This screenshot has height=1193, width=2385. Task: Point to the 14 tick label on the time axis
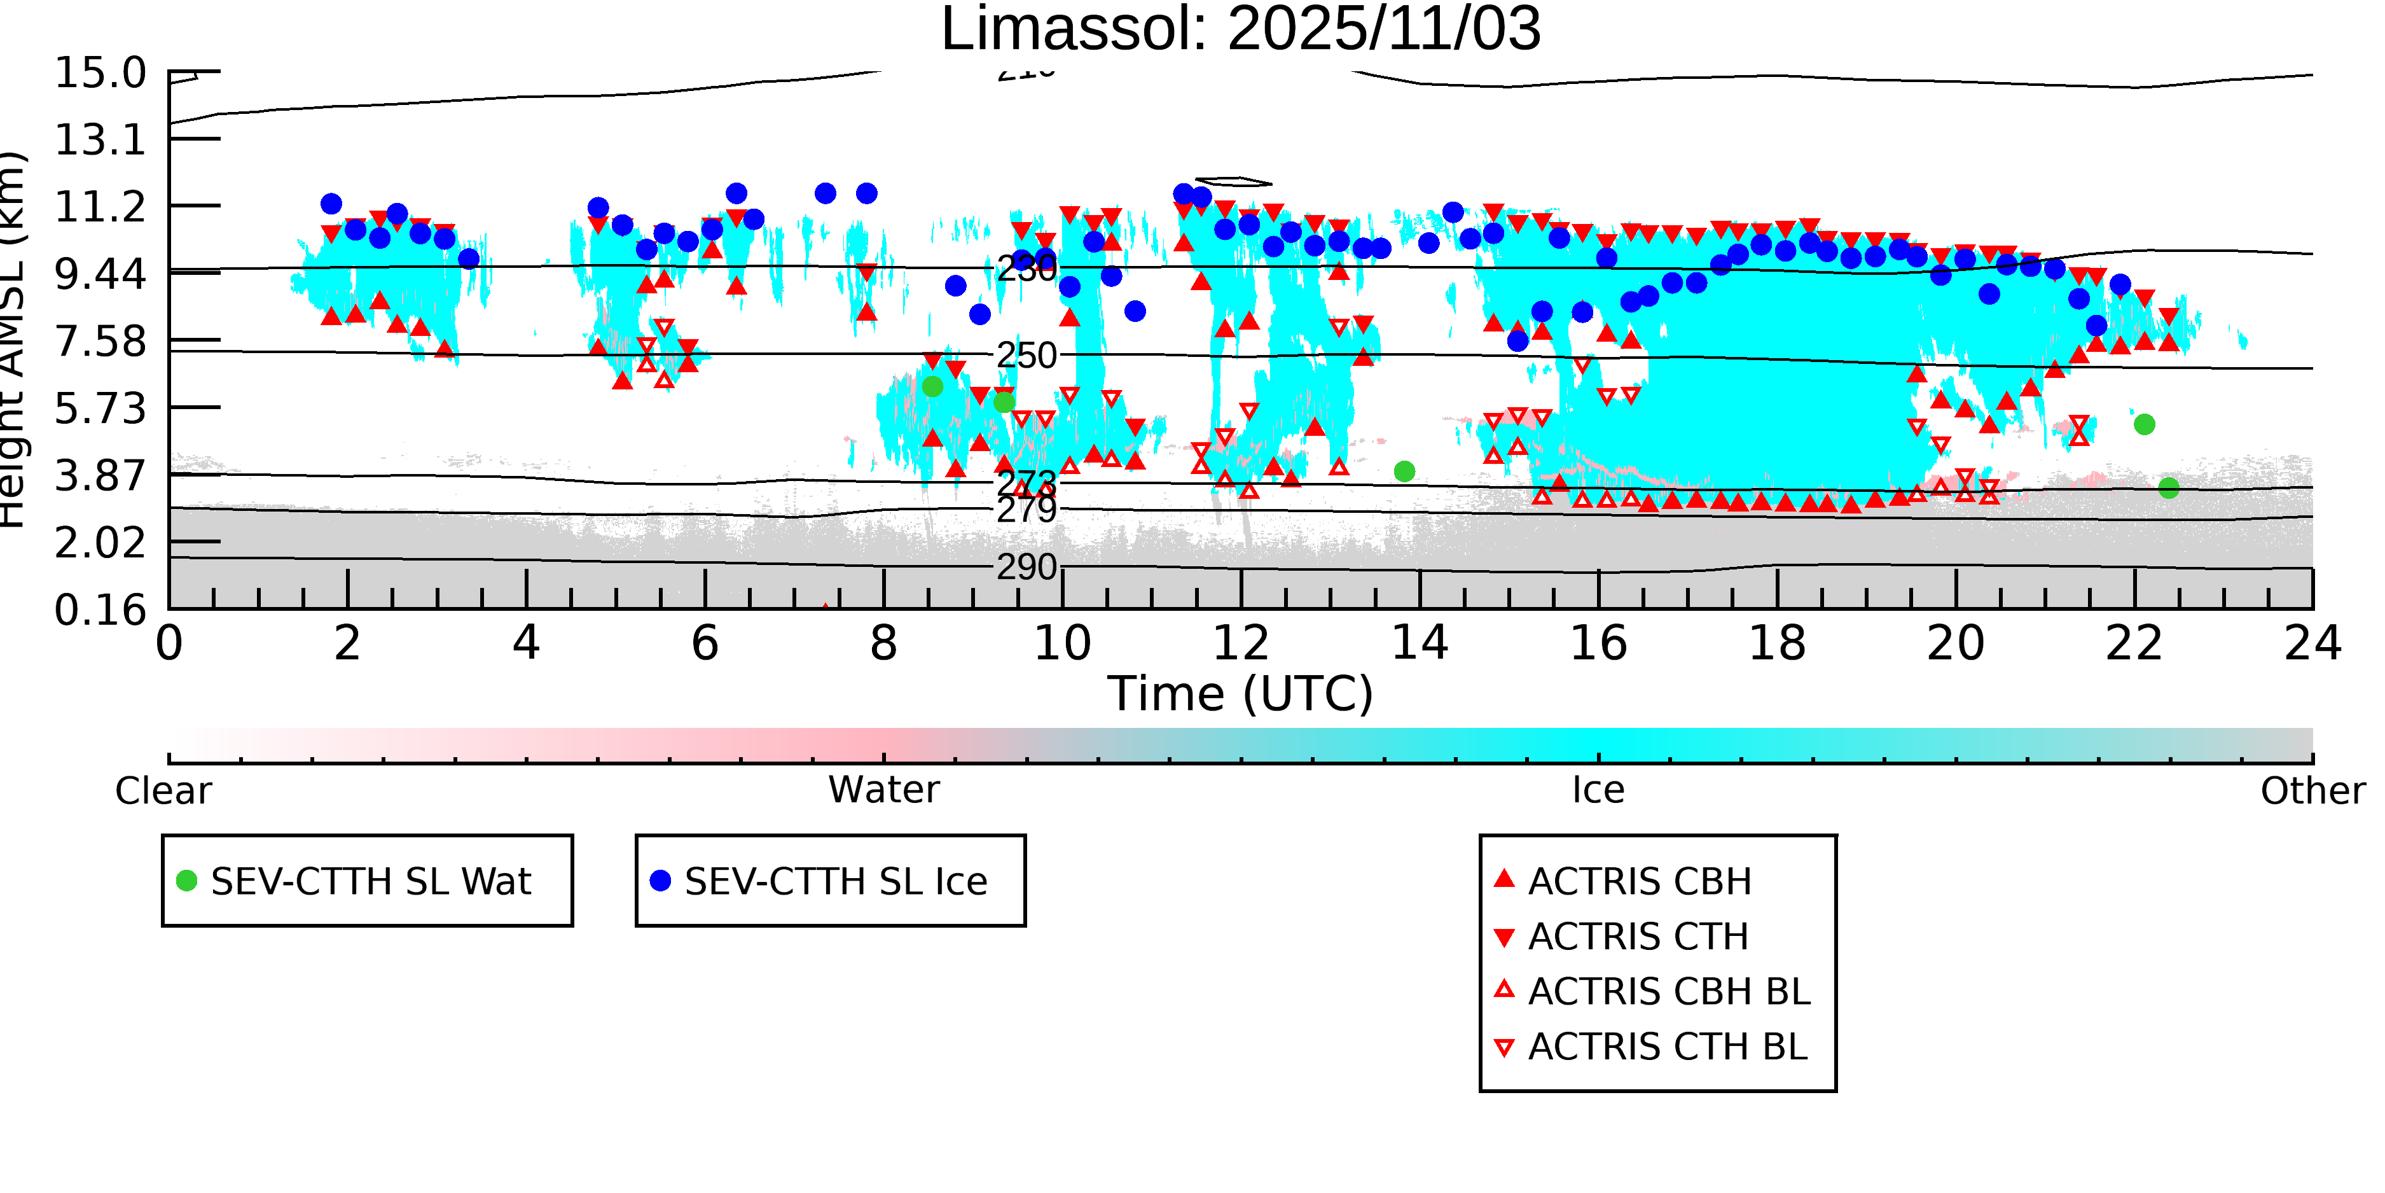pos(1420,643)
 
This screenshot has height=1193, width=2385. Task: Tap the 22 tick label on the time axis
pos(2134,643)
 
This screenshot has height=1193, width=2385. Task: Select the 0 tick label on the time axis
pos(169,643)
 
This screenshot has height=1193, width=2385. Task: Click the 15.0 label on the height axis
pos(100,73)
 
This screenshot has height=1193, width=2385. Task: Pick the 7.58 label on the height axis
pos(100,341)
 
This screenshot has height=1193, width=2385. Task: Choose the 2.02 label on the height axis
pos(100,543)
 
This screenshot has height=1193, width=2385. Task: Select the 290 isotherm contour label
pos(1026,567)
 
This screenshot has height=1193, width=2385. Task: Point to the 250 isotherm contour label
pos(1026,356)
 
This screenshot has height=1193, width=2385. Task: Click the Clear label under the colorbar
pos(163,791)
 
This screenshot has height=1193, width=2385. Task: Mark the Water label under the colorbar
pos(883,790)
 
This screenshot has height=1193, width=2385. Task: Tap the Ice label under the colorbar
pos(1598,790)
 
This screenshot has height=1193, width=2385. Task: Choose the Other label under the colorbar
pos(2312,791)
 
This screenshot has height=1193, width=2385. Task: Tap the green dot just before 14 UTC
pos(1404,471)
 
